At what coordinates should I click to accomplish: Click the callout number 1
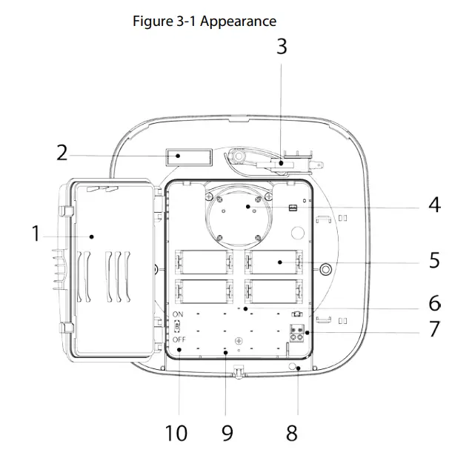pos(34,234)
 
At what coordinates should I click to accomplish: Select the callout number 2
pos(62,153)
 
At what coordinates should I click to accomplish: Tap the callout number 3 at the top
pos(282,46)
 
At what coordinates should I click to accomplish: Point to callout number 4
pos(434,205)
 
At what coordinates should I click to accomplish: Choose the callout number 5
pos(434,261)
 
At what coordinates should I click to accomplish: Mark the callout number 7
pos(434,328)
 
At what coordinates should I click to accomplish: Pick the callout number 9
pos(227,433)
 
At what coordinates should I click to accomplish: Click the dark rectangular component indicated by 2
pos(188,157)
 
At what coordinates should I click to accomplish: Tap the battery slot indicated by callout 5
pos(275,262)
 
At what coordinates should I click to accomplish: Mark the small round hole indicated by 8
pos(295,366)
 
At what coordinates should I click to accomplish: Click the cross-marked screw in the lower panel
pos(238,340)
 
